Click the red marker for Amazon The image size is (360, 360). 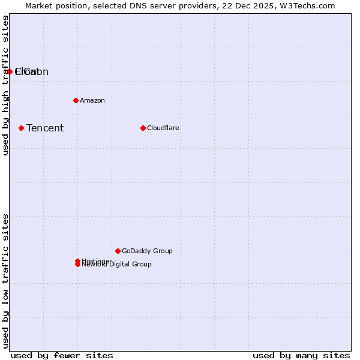[76, 100]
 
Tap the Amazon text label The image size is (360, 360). [92, 100]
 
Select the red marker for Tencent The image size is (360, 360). [21, 128]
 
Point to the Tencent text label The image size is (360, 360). [45, 128]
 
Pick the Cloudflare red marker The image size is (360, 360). [143, 128]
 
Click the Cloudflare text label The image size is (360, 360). [163, 128]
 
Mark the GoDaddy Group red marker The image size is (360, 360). [118, 251]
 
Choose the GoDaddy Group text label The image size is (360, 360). [147, 251]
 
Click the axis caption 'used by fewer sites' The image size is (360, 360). [62, 355]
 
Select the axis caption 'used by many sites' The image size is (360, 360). [301, 355]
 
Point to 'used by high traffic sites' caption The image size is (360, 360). [5, 85]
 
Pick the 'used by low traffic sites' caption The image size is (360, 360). [5, 281]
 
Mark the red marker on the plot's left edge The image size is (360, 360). [10, 71]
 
